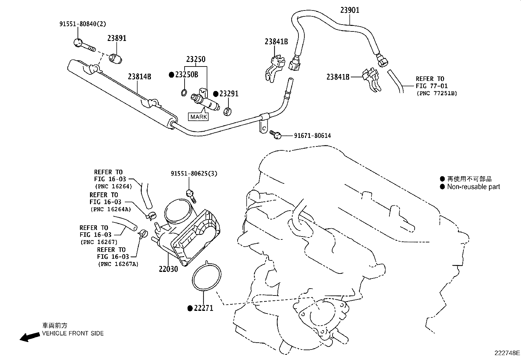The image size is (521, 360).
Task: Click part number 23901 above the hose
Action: point(350,10)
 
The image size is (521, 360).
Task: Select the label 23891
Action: point(117,38)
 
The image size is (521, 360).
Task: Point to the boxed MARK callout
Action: point(199,117)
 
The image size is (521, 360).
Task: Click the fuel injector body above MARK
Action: point(205,102)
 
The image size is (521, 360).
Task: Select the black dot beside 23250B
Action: point(171,75)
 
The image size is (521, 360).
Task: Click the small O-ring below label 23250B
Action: point(184,92)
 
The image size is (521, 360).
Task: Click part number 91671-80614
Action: point(312,136)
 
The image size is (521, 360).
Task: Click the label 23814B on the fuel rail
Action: point(139,77)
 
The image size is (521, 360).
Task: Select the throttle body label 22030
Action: point(168,269)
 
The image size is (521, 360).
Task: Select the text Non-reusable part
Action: point(473,187)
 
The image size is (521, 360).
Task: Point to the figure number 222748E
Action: point(507,353)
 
